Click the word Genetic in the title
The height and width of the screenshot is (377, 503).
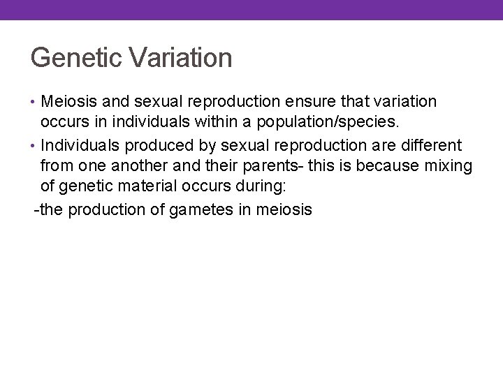73,58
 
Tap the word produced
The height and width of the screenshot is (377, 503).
154,145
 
